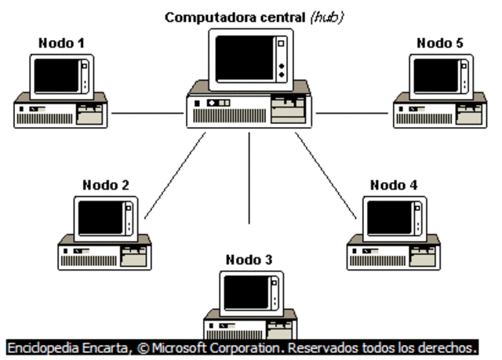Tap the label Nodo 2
[x=105, y=185]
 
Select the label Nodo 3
[x=250, y=259]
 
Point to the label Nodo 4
[x=394, y=185]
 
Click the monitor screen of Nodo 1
[x=57, y=76]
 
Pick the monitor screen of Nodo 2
[x=100, y=217]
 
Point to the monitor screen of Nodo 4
[x=389, y=217]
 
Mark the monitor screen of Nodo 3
[x=245, y=292]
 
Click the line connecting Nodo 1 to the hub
[x=147, y=113]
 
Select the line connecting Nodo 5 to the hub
[x=353, y=113]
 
